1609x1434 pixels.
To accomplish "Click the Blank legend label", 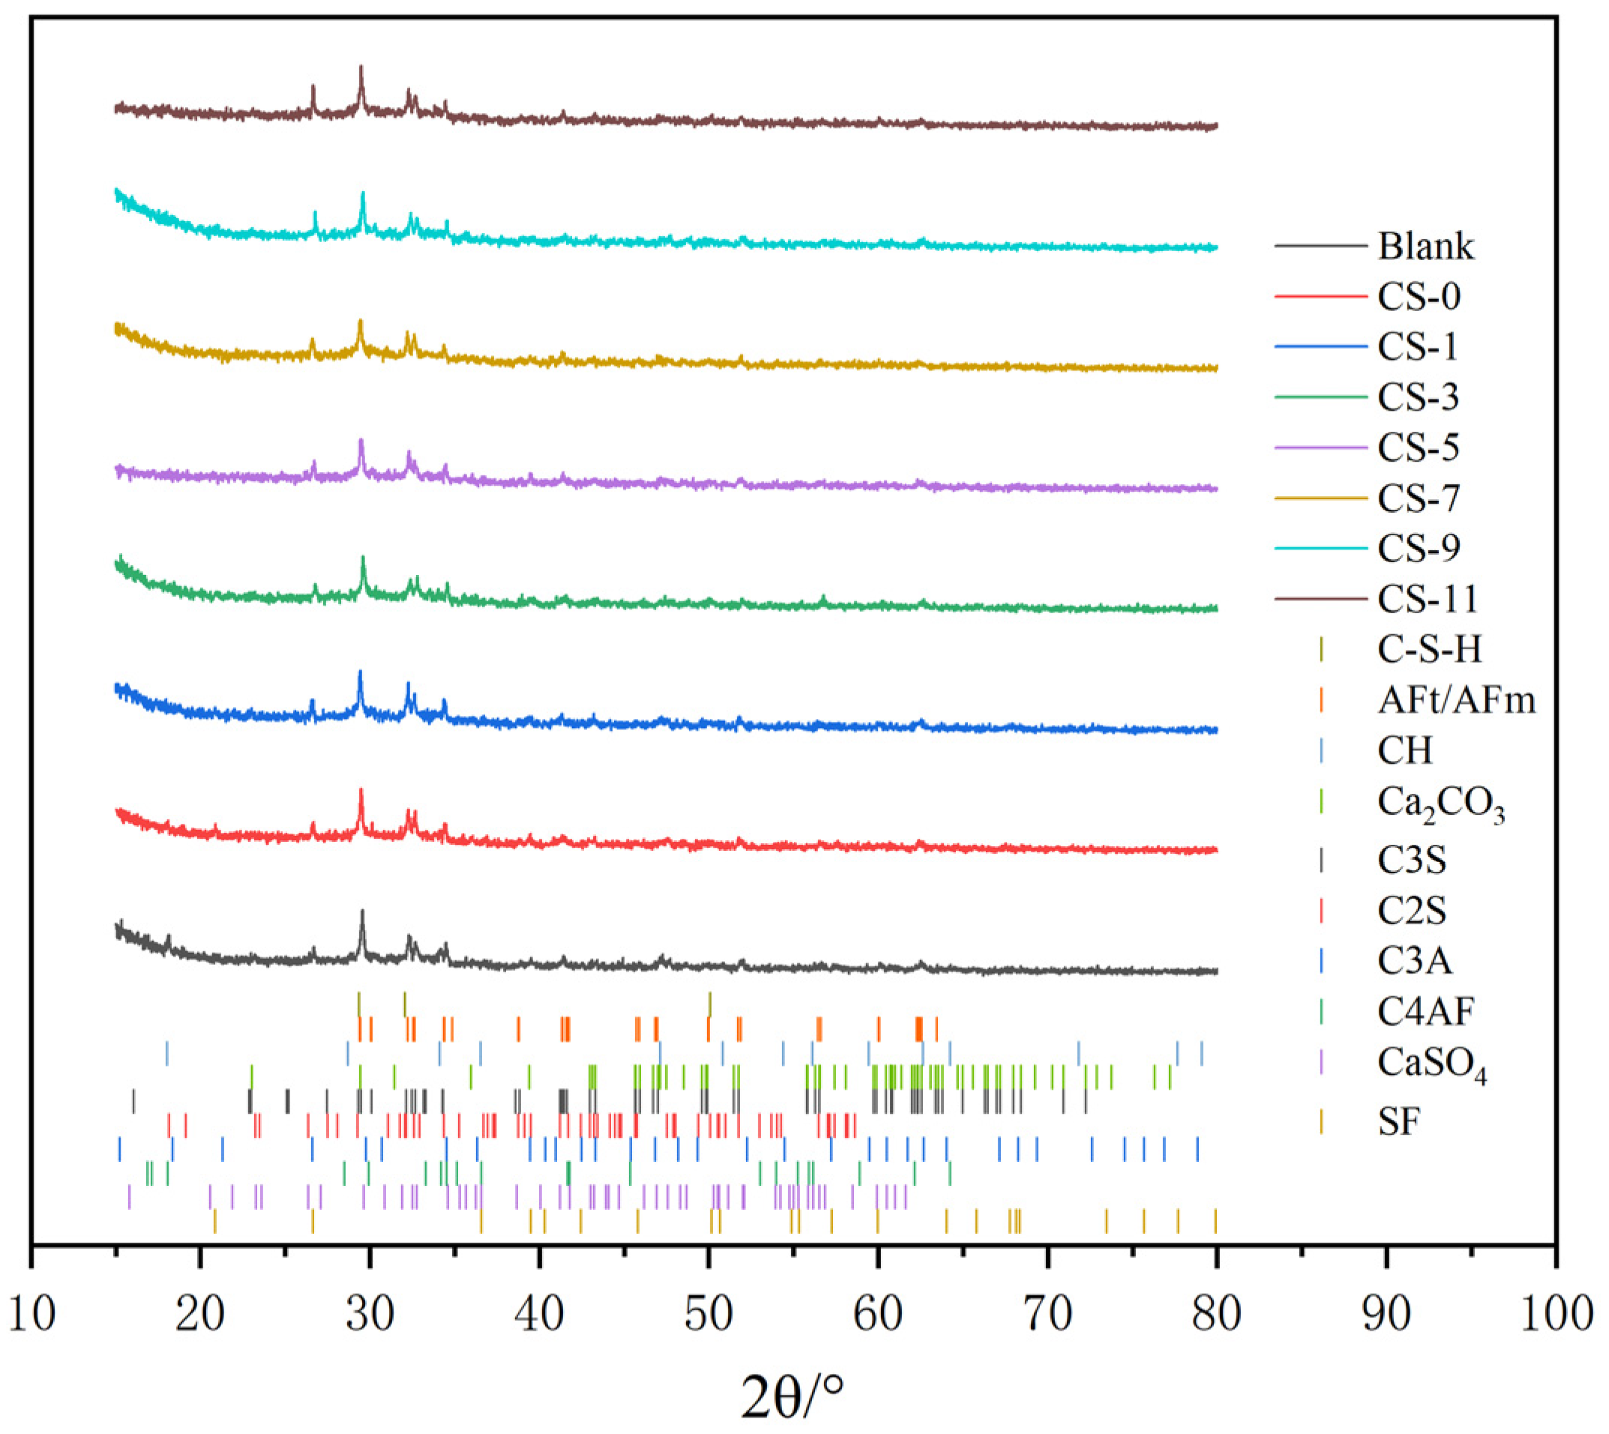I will [1425, 247].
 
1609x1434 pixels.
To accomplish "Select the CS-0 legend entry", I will [1419, 297].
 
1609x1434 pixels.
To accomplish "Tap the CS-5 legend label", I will [1419, 448].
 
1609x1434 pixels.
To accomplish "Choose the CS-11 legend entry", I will [1427, 599].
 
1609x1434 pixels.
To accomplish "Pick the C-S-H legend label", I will [1429, 649].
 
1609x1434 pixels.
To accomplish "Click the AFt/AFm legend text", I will [1456, 699].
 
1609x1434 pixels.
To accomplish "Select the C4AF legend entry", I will [1425, 1012].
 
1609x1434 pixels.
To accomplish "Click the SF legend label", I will [1398, 1122].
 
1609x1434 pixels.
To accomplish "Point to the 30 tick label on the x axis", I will [370, 1314].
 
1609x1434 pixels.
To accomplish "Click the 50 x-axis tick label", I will [709, 1314].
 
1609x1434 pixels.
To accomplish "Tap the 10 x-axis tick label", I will [32, 1314].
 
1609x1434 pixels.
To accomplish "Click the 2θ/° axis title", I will [792, 1395].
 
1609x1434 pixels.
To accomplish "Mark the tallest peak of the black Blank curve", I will [361, 912].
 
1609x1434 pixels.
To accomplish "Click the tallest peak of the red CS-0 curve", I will [361, 790].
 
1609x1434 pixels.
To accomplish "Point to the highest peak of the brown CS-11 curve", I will [361, 67].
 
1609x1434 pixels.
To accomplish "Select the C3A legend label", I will [1414, 960].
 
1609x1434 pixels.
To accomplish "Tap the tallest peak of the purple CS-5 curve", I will [361, 441].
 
